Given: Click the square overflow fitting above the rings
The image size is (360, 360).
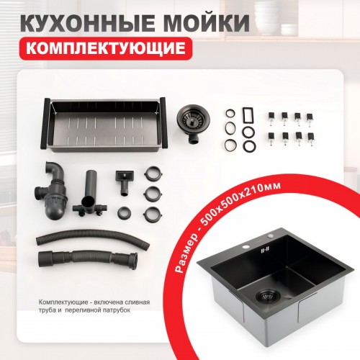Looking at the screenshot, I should coord(122,179).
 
